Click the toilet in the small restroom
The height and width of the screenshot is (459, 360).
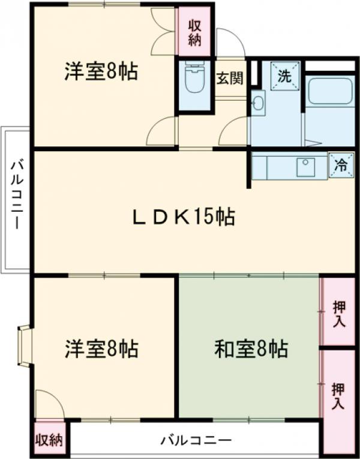(194, 80)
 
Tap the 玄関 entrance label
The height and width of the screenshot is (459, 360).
(229, 78)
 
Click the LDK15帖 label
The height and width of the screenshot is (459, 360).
(184, 217)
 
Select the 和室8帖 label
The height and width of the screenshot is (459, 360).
(251, 348)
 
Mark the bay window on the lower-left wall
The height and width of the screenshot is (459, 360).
(24, 346)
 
